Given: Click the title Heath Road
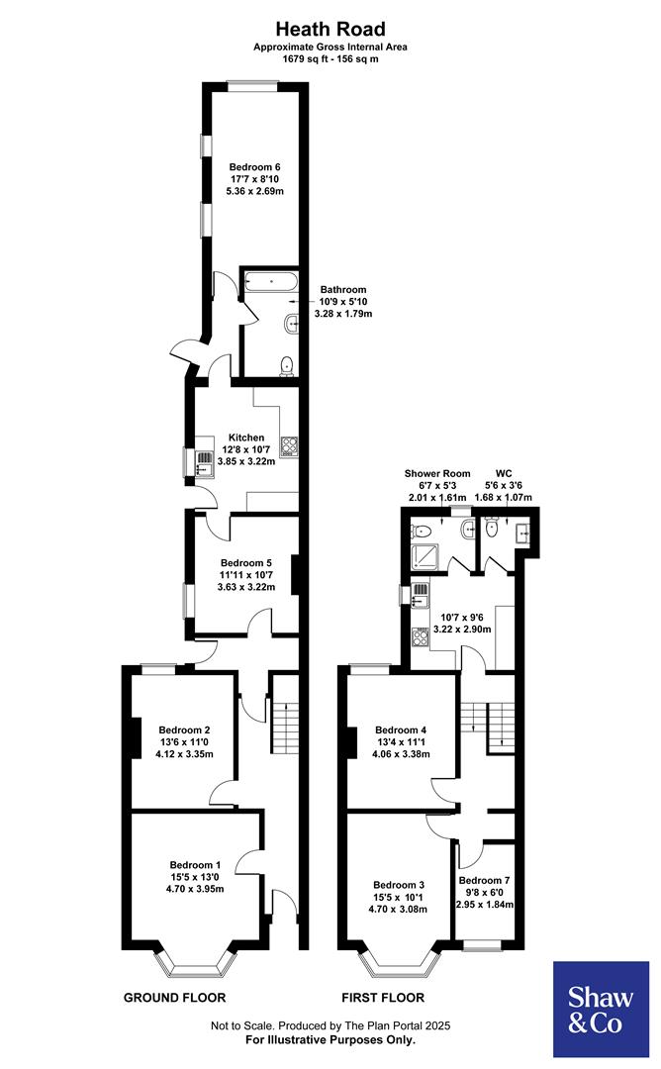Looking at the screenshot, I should pyautogui.click(x=330, y=29).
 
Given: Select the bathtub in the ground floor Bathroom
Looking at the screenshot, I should pyautogui.click(x=269, y=281).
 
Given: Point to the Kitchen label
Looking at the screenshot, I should pyautogui.click(x=246, y=437).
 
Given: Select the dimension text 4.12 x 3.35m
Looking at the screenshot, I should pyautogui.click(x=184, y=754).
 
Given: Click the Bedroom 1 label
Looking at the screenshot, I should pyautogui.click(x=195, y=862).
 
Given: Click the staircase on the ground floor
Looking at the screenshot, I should pyautogui.click(x=285, y=729).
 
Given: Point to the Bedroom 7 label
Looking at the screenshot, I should pyautogui.click(x=485, y=880).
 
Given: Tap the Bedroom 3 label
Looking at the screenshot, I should pyautogui.click(x=400, y=885).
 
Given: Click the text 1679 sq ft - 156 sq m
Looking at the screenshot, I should pyautogui.click(x=330, y=59).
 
